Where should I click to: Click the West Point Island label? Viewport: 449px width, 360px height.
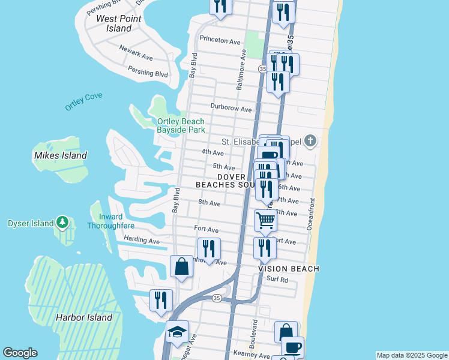[119, 23]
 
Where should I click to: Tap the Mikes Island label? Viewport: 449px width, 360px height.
[61, 155]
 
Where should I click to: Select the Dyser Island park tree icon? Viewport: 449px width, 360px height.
[62, 223]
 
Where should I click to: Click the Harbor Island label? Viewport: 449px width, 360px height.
[84, 317]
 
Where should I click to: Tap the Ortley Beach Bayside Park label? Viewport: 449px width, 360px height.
[181, 125]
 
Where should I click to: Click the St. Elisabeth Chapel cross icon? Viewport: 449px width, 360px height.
[310, 142]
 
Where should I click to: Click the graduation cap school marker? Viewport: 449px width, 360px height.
[177, 332]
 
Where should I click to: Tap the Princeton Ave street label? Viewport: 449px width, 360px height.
[220, 40]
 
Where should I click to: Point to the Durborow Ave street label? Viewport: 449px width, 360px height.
[231, 109]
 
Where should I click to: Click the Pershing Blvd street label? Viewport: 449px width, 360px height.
[148, 71]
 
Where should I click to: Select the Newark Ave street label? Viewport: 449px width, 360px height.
[136, 52]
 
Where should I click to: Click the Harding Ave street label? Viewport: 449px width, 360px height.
[142, 241]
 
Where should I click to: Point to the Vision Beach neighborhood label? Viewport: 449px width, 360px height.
[289, 269]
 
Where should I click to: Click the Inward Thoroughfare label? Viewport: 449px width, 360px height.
[110, 221]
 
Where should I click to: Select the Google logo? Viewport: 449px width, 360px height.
[20, 353]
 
